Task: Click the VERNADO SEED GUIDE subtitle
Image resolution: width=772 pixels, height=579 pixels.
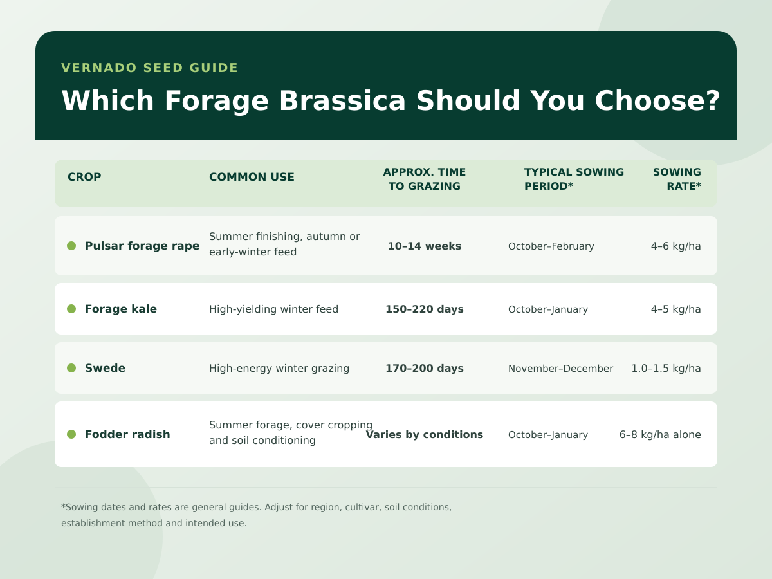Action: point(149,68)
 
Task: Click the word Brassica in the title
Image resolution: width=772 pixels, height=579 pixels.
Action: point(342,101)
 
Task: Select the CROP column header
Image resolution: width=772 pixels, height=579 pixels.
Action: point(84,177)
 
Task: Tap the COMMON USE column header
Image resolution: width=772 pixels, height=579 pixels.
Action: point(252,177)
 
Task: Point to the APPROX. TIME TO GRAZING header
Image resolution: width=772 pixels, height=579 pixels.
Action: point(425,179)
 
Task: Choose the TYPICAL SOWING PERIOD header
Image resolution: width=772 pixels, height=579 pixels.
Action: point(574,179)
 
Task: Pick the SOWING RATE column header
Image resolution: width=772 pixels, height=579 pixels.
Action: point(677,179)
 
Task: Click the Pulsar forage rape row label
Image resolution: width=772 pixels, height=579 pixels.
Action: point(142,246)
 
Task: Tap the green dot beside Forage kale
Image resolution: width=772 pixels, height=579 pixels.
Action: point(71,309)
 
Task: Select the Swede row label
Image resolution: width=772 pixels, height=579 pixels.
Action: point(105,368)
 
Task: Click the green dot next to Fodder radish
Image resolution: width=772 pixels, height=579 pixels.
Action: point(71,434)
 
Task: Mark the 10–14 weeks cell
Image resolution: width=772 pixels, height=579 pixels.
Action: point(425,246)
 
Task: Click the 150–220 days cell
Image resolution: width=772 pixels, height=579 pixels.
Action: point(425,309)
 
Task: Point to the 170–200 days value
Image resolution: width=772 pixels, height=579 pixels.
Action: point(425,368)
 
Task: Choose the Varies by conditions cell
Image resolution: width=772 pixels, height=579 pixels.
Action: point(425,434)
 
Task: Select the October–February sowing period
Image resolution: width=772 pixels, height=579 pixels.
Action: point(551,246)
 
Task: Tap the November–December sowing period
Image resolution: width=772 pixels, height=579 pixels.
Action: point(560,369)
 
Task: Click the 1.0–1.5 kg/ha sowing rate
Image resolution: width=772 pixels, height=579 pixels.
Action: point(666,368)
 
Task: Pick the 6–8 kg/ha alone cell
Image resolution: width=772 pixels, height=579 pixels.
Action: point(660,434)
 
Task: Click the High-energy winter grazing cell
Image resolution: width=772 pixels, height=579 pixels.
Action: point(279,368)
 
